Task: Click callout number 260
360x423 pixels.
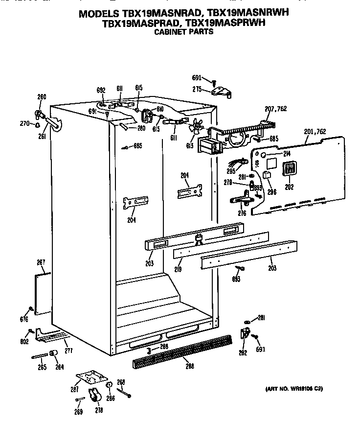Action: [x=42, y=97]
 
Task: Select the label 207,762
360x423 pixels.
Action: [x=275, y=109]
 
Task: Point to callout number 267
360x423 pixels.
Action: [x=41, y=263]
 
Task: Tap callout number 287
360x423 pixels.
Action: [x=73, y=389]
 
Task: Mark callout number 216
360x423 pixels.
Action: [x=242, y=213]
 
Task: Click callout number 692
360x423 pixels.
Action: [x=101, y=90]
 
